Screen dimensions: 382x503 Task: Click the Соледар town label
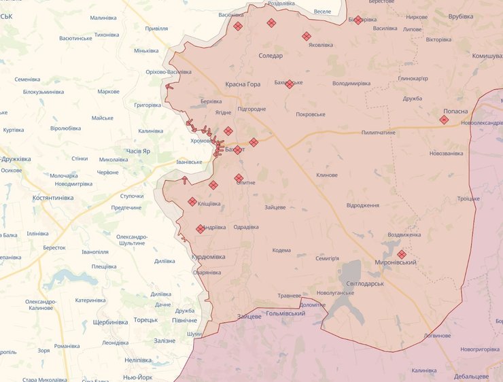(271, 56)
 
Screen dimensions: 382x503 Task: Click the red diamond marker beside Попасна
(444, 120)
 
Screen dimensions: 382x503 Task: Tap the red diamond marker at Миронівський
(402, 254)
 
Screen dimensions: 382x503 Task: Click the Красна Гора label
(243, 84)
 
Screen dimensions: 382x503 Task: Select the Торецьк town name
(145, 319)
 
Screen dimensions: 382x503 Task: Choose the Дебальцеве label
(472, 376)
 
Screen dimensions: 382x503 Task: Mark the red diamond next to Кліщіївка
(192, 201)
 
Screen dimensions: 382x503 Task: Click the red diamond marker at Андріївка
(201, 229)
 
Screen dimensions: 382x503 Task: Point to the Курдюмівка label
(209, 257)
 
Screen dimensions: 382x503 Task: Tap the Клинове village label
(327, 175)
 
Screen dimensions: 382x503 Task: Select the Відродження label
(363, 205)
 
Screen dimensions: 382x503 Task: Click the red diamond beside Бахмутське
(290, 84)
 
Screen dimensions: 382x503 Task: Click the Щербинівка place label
(109, 322)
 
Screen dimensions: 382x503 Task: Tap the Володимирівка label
(351, 84)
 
